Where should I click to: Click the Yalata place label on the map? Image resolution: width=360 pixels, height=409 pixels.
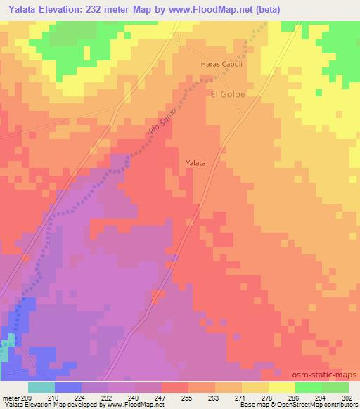point(195,163)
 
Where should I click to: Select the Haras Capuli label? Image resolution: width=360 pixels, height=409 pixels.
point(221,63)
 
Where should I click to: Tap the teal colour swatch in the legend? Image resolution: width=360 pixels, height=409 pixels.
point(41,387)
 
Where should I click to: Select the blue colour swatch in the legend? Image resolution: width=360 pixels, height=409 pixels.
point(67,387)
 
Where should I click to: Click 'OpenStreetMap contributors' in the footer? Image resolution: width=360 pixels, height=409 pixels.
point(314,405)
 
